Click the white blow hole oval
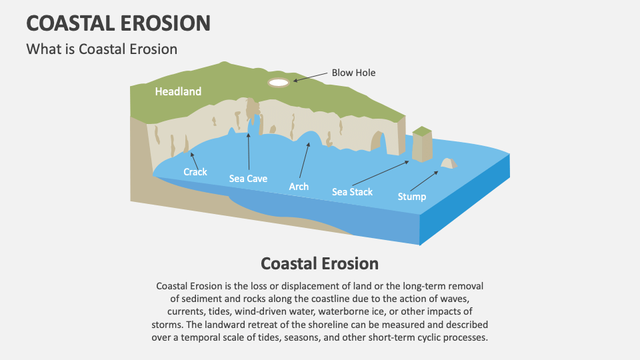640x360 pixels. point(278,83)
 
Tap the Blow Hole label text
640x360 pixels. point(353,73)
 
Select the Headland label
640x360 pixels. point(178,91)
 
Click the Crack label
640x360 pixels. point(195,171)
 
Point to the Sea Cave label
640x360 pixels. point(248,178)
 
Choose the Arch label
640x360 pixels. point(299,187)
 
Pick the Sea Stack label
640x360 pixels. point(352,192)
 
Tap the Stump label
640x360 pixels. point(411,197)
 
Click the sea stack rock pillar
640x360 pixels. point(421,145)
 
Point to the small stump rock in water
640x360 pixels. point(448,163)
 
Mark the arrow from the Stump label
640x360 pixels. point(424,181)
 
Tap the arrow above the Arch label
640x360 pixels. point(304,157)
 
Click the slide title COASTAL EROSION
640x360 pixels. point(118,23)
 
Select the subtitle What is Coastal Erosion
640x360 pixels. point(101,49)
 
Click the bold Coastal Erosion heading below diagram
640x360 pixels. point(319,263)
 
